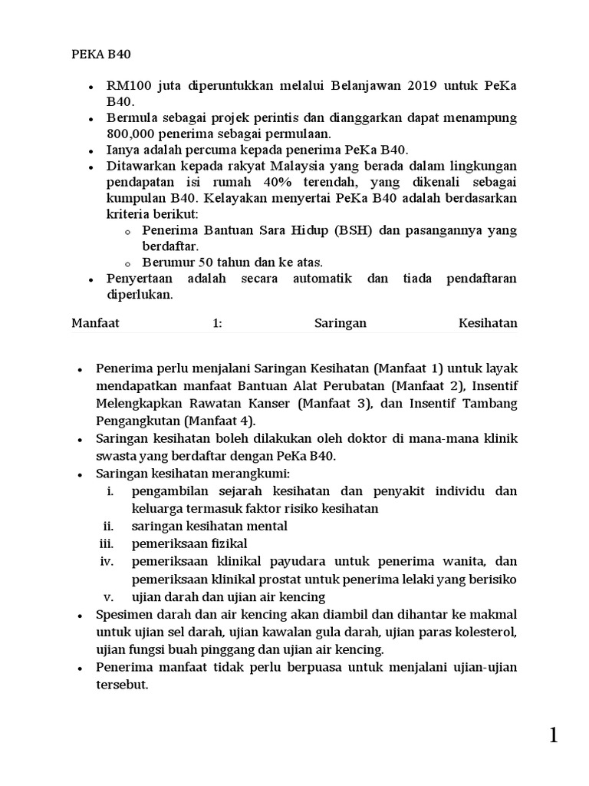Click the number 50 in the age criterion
pyautogui.click(x=204, y=263)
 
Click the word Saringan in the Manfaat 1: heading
pyautogui.click(x=341, y=323)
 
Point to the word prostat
pyautogui.click(x=271, y=579)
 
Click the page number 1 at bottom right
pyautogui.click(x=553, y=736)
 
